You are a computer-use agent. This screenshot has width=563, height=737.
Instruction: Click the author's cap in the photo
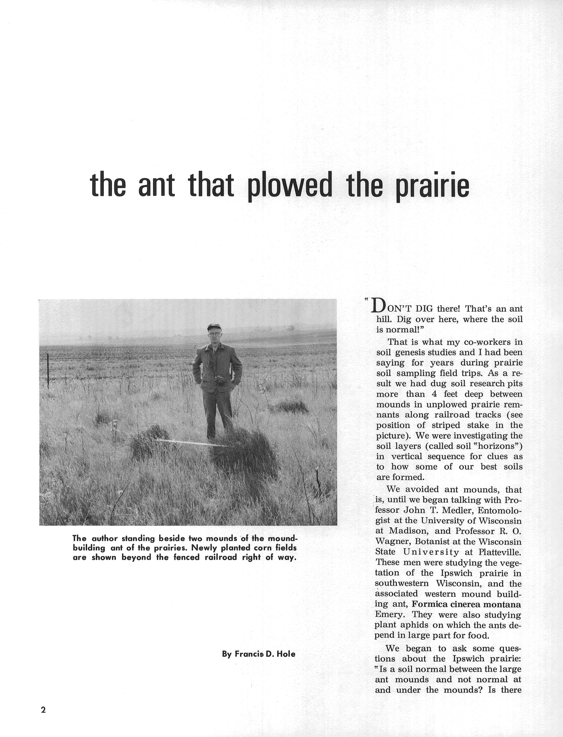tap(214, 327)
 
